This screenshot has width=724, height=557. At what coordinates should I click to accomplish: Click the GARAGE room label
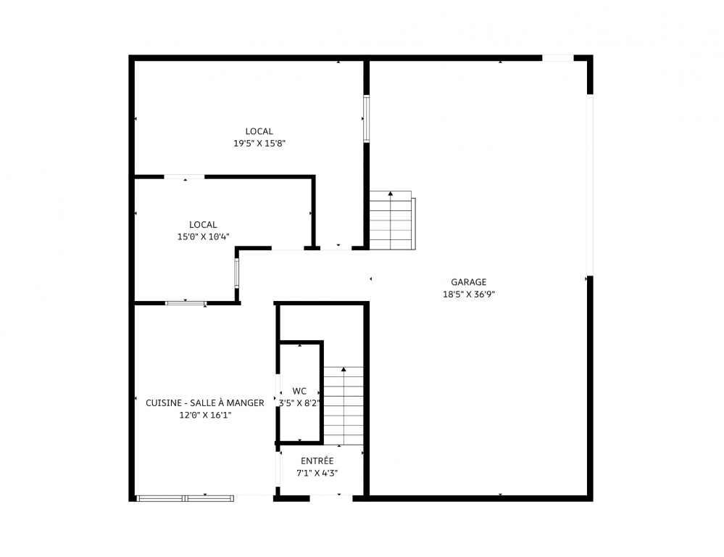click(469, 282)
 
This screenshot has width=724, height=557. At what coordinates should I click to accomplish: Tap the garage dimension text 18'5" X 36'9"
click(469, 294)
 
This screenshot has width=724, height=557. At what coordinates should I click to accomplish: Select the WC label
click(299, 391)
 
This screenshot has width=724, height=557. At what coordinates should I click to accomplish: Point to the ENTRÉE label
click(317, 461)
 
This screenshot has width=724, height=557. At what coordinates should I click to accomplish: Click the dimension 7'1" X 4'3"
click(317, 473)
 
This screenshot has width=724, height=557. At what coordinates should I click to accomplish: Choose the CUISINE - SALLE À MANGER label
click(205, 403)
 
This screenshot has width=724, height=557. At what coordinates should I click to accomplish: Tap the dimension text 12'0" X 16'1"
click(205, 415)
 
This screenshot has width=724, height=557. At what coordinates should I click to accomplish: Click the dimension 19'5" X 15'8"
click(259, 144)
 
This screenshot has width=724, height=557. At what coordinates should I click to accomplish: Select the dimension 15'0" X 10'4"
click(203, 236)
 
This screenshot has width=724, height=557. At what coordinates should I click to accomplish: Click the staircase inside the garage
click(392, 220)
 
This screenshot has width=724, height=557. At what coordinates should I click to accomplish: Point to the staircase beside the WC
click(343, 406)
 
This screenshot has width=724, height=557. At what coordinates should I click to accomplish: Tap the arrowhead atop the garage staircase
click(391, 193)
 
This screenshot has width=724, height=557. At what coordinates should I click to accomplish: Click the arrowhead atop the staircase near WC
click(344, 369)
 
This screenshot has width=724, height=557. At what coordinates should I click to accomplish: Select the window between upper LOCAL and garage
click(367, 119)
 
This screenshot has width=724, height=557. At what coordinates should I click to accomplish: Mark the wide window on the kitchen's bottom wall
click(185, 498)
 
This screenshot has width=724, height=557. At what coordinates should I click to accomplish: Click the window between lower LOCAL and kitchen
click(186, 303)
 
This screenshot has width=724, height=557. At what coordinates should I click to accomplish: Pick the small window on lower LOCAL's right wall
click(237, 273)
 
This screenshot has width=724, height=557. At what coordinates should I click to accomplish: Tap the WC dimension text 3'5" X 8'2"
click(299, 403)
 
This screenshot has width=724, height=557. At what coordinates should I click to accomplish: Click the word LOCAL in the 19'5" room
click(259, 131)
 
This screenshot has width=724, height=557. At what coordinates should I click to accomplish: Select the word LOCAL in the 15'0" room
click(203, 225)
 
